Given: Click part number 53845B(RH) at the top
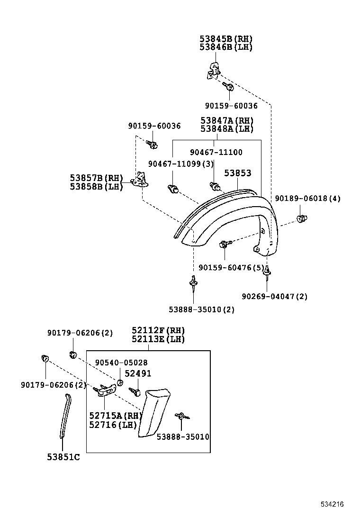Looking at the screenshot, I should (226, 39).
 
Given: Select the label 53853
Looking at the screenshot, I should (237, 173).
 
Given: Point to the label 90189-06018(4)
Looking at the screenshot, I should (307, 198).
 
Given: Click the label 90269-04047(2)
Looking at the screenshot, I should (274, 296).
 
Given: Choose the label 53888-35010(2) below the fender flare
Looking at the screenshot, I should (201, 309).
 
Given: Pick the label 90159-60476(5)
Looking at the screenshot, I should (232, 268).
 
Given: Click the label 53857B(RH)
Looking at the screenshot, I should (96, 178).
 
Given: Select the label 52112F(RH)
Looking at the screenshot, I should (158, 330).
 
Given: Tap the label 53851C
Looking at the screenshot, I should (63, 457).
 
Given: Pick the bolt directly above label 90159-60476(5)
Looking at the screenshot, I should (224, 245).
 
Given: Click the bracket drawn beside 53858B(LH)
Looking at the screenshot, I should (139, 180).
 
